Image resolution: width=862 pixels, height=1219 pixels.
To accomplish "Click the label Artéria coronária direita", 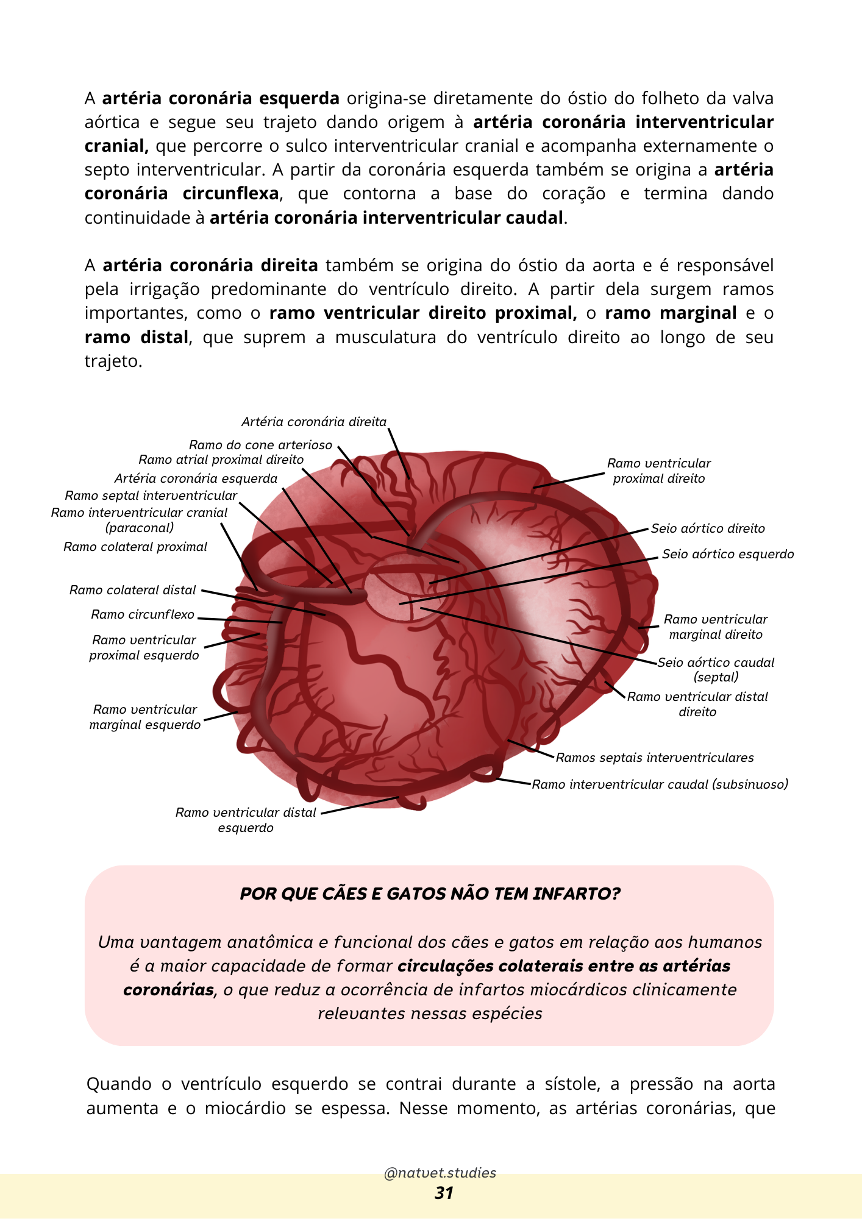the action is click(313, 422).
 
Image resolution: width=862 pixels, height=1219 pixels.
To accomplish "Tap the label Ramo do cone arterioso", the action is click(260, 445).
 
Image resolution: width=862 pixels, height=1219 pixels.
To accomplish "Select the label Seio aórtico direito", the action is click(707, 528).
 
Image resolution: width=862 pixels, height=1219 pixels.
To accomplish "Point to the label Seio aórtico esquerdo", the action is click(727, 554).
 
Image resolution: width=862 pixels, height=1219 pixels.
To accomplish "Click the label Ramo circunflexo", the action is click(143, 614).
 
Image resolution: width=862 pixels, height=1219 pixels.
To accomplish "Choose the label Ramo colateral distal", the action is click(132, 590).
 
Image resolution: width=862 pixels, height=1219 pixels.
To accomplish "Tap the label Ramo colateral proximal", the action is click(135, 547).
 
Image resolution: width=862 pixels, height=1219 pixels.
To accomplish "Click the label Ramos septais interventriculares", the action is click(654, 758).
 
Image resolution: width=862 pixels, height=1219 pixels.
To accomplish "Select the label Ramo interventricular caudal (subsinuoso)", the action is click(660, 784).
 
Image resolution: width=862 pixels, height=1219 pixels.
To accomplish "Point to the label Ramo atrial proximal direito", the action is click(221, 460).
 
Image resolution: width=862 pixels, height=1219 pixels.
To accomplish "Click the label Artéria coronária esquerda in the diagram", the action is click(196, 478).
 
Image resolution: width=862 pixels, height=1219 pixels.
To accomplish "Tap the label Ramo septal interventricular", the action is click(151, 496).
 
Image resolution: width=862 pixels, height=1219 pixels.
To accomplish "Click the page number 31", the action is click(444, 1193).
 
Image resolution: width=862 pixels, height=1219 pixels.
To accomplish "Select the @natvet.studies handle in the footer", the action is click(440, 1173).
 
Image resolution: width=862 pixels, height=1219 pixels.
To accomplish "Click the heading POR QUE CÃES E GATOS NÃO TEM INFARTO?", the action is click(430, 894).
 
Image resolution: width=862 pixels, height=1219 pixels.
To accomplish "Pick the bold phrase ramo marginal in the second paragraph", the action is click(671, 313).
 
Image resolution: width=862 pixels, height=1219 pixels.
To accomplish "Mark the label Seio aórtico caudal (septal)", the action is click(716, 669).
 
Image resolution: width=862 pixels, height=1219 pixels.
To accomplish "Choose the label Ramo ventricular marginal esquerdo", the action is click(145, 717).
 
